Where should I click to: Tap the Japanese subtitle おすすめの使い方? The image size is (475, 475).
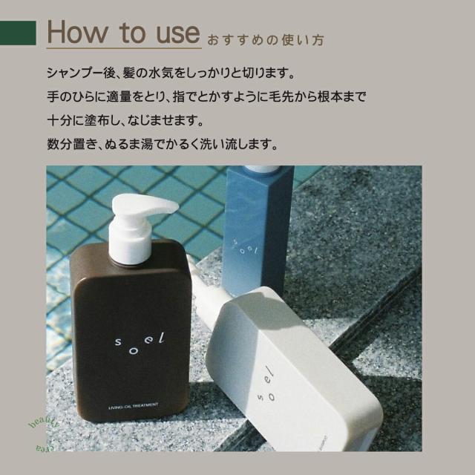(264, 38)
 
